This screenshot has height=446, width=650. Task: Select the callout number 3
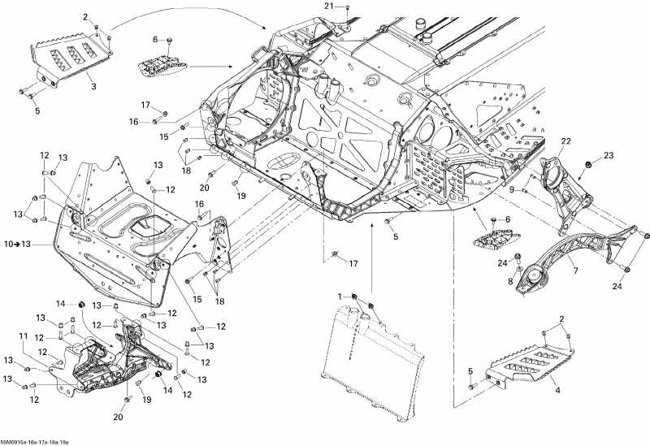(93, 86)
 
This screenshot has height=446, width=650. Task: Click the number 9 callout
(512, 189)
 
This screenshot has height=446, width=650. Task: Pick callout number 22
(566, 141)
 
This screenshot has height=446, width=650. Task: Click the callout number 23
(609, 154)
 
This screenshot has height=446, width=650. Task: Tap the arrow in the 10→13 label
(16, 244)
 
